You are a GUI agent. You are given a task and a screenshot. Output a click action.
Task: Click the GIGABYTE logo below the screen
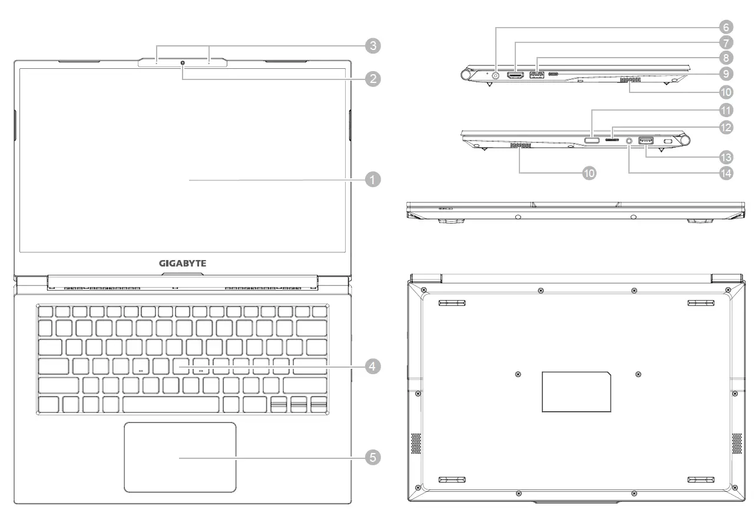click(x=183, y=263)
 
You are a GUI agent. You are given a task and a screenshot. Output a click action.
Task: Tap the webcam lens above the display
click(x=183, y=62)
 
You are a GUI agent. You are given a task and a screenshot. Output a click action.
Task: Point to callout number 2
click(x=372, y=79)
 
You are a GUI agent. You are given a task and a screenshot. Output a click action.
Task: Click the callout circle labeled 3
click(x=372, y=46)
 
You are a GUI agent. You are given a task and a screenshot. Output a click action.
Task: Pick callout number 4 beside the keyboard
click(x=372, y=367)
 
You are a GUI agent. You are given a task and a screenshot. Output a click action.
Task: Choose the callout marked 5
click(x=372, y=457)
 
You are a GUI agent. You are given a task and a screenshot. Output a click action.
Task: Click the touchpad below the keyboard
click(x=180, y=457)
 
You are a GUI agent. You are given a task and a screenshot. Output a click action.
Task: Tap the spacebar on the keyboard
click(x=171, y=404)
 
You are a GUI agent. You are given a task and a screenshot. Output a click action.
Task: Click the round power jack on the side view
click(x=495, y=75)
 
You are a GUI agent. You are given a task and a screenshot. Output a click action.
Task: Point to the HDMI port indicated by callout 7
click(x=516, y=75)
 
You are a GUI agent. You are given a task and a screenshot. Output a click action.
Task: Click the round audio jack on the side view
click(x=630, y=141)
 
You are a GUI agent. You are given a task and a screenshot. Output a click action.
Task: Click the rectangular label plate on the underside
click(x=576, y=391)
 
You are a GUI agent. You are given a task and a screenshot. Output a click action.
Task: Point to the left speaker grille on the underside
click(x=416, y=444)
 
